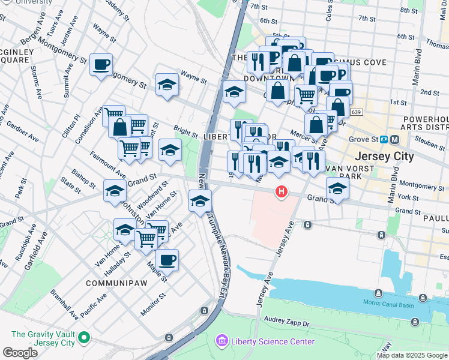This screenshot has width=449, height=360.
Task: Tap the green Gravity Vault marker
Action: point(84,339)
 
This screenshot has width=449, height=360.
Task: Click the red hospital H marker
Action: point(280,192)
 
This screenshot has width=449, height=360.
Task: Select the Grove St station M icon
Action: point(394,140)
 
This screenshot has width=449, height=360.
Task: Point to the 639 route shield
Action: point(357,112)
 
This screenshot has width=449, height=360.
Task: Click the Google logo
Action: point(20,352)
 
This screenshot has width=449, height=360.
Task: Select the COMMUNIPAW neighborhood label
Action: point(113,283)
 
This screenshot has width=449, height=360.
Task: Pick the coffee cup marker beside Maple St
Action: point(167,260)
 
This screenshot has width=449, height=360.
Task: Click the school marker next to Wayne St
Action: point(167,85)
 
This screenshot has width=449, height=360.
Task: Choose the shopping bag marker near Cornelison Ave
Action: point(120,127)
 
